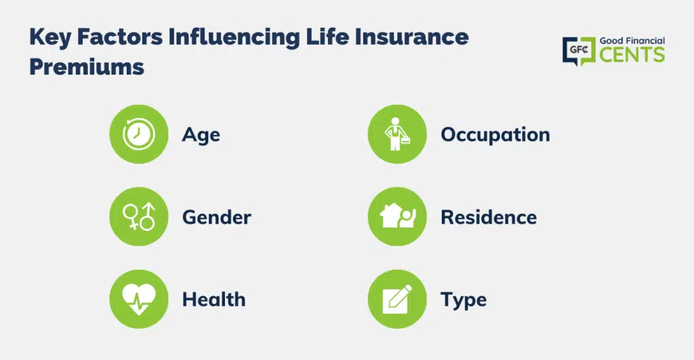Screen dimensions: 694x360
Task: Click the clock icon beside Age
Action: [138, 134]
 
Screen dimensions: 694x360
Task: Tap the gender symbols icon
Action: [138, 216]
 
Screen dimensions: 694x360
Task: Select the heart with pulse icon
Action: [138, 299]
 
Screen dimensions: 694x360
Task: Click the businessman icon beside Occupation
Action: [397, 134]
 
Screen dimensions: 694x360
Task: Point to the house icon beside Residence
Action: [397, 216]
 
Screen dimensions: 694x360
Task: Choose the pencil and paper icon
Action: [397, 299]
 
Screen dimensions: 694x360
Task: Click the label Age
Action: [201, 135]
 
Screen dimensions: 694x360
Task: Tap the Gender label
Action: [216, 217]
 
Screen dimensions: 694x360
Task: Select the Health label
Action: [213, 300]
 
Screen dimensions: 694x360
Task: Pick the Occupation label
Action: [495, 135]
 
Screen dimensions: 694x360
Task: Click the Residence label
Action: [489, 217]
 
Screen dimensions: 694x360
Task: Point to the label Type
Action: [464, 300]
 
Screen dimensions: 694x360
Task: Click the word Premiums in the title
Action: [87, 67]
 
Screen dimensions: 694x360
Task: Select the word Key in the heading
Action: [50, 37]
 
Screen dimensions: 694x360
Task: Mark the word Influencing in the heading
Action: [234, 37]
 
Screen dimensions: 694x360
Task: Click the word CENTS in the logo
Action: [632, 55]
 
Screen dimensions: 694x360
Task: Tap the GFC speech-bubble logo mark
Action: [579, 51]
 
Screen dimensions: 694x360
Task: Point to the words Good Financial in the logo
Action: [632, 41]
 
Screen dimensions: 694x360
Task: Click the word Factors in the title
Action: [120, 37]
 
